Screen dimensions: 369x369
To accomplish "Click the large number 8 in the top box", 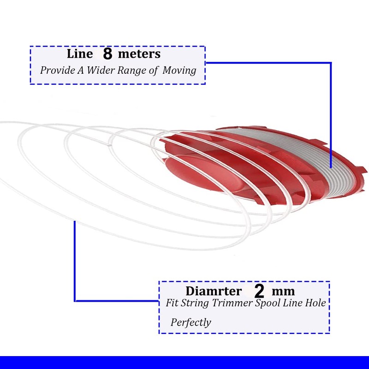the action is coord(107,54).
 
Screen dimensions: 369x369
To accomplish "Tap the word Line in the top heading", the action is coord(80,54).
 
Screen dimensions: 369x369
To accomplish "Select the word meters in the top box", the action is coord(139,54).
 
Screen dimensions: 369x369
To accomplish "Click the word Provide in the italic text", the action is coord(57,70).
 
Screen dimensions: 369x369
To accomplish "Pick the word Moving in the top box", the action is coord(179,71).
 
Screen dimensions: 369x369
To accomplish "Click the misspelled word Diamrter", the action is coord(214,291).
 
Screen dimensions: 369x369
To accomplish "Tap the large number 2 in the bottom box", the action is coord(259,292).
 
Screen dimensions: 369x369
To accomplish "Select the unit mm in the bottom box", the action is coord(283,292).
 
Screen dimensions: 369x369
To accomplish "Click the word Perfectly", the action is coord(190,322).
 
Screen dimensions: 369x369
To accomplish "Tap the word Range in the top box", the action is coord(131,71).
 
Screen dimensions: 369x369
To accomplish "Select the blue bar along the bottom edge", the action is coord(184,363).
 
